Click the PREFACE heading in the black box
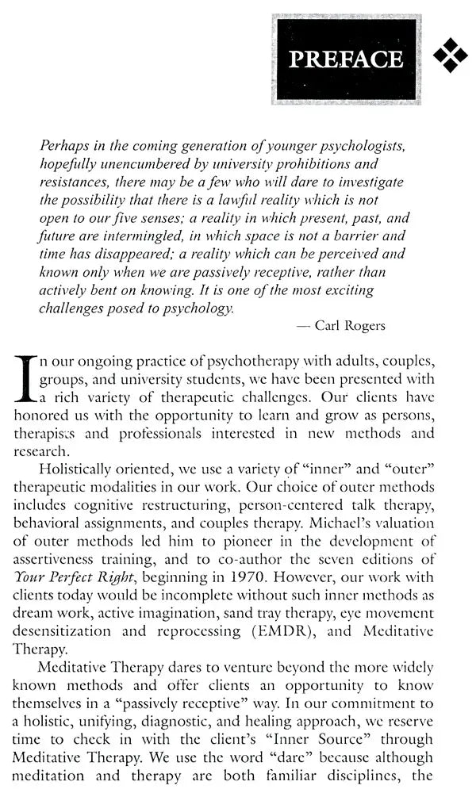[x=346, y=59]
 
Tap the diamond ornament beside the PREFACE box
[x=451, y=55]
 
